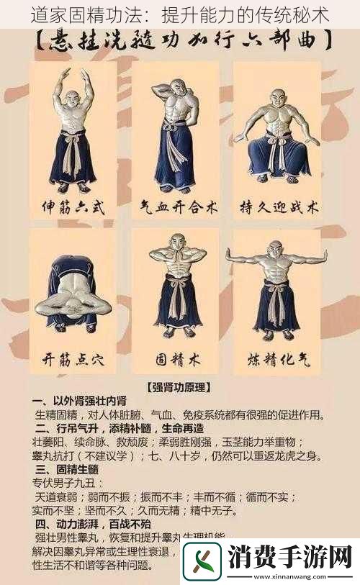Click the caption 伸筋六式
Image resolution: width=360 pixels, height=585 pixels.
pos(72,209)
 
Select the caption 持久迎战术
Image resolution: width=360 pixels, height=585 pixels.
pos(278,209)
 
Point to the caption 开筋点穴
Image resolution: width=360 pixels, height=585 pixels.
pos(72,358)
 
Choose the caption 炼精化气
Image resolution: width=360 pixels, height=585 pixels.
pos(278,358)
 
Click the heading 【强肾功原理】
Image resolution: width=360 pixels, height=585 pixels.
pos(179,387)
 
